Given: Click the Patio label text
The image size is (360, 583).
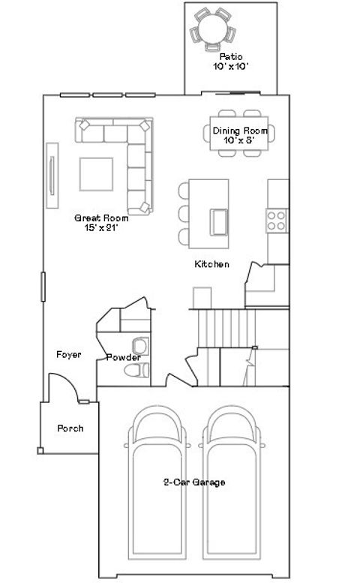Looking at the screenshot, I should (x=230, y=56).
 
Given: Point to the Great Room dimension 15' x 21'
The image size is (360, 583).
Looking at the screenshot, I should (x=100, y=227).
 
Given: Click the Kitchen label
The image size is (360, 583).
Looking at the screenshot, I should (x=211, y=264).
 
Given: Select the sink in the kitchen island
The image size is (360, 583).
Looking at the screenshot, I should (x=220, y=221).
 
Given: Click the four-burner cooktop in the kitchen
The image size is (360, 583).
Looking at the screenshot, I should (x=276, y=219).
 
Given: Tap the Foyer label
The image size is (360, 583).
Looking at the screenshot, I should (x=68, y=354).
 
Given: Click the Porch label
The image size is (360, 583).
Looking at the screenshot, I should (x=70, y=428).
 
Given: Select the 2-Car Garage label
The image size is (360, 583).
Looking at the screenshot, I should (x=194, y=482).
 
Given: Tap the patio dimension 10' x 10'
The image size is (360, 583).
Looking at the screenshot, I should (x=230, y=66).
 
